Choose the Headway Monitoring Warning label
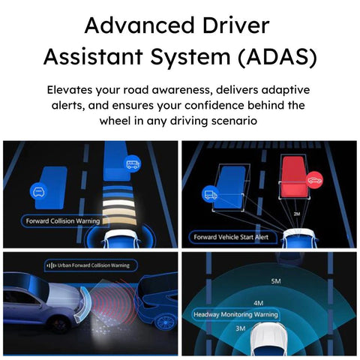(x=236, y=313)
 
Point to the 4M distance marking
(x=258, y=303)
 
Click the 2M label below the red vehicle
(x=296, y=214)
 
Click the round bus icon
(x=132, y=164)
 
